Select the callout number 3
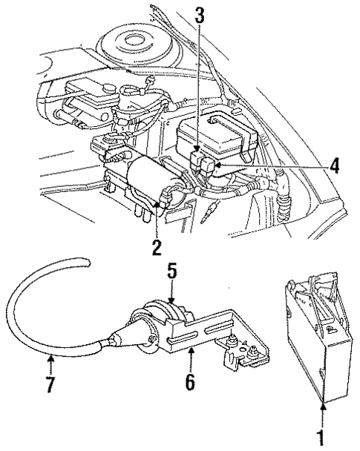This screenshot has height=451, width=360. click(x=199, y=13)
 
